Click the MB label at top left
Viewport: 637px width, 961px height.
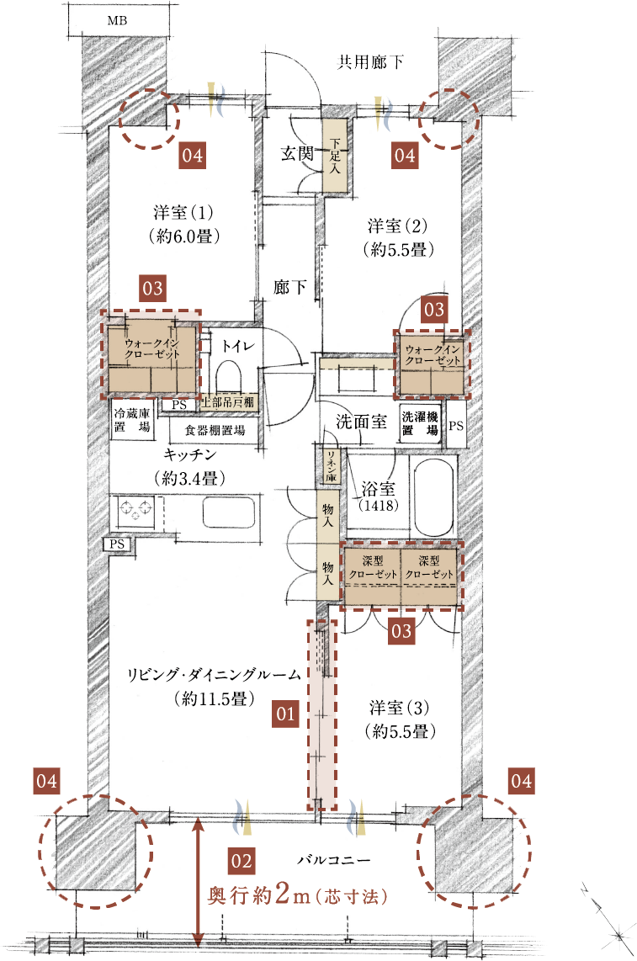tap(117, 21)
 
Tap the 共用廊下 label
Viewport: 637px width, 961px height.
tap(370, 61)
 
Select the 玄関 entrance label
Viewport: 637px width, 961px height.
tap(297, 153)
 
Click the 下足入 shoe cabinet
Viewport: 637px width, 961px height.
tap(335, 156)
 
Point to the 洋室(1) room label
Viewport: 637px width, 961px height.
tap(183, 213)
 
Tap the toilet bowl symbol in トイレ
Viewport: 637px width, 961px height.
tap(229, 376)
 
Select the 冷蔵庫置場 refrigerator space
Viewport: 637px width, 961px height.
tap(132, 420)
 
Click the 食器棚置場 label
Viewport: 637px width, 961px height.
tap(215, 430)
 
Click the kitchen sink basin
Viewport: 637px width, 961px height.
tap(229, 511)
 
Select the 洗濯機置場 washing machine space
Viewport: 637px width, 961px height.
tap(420, 423)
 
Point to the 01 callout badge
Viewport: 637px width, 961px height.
tap(285, 714)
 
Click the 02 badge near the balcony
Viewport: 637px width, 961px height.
tap(241, 861)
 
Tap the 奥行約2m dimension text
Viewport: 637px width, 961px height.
tap(297, 895)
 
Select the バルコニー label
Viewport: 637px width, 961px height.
tap(334, 860)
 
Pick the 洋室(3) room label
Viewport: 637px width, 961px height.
tap(399, 708)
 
